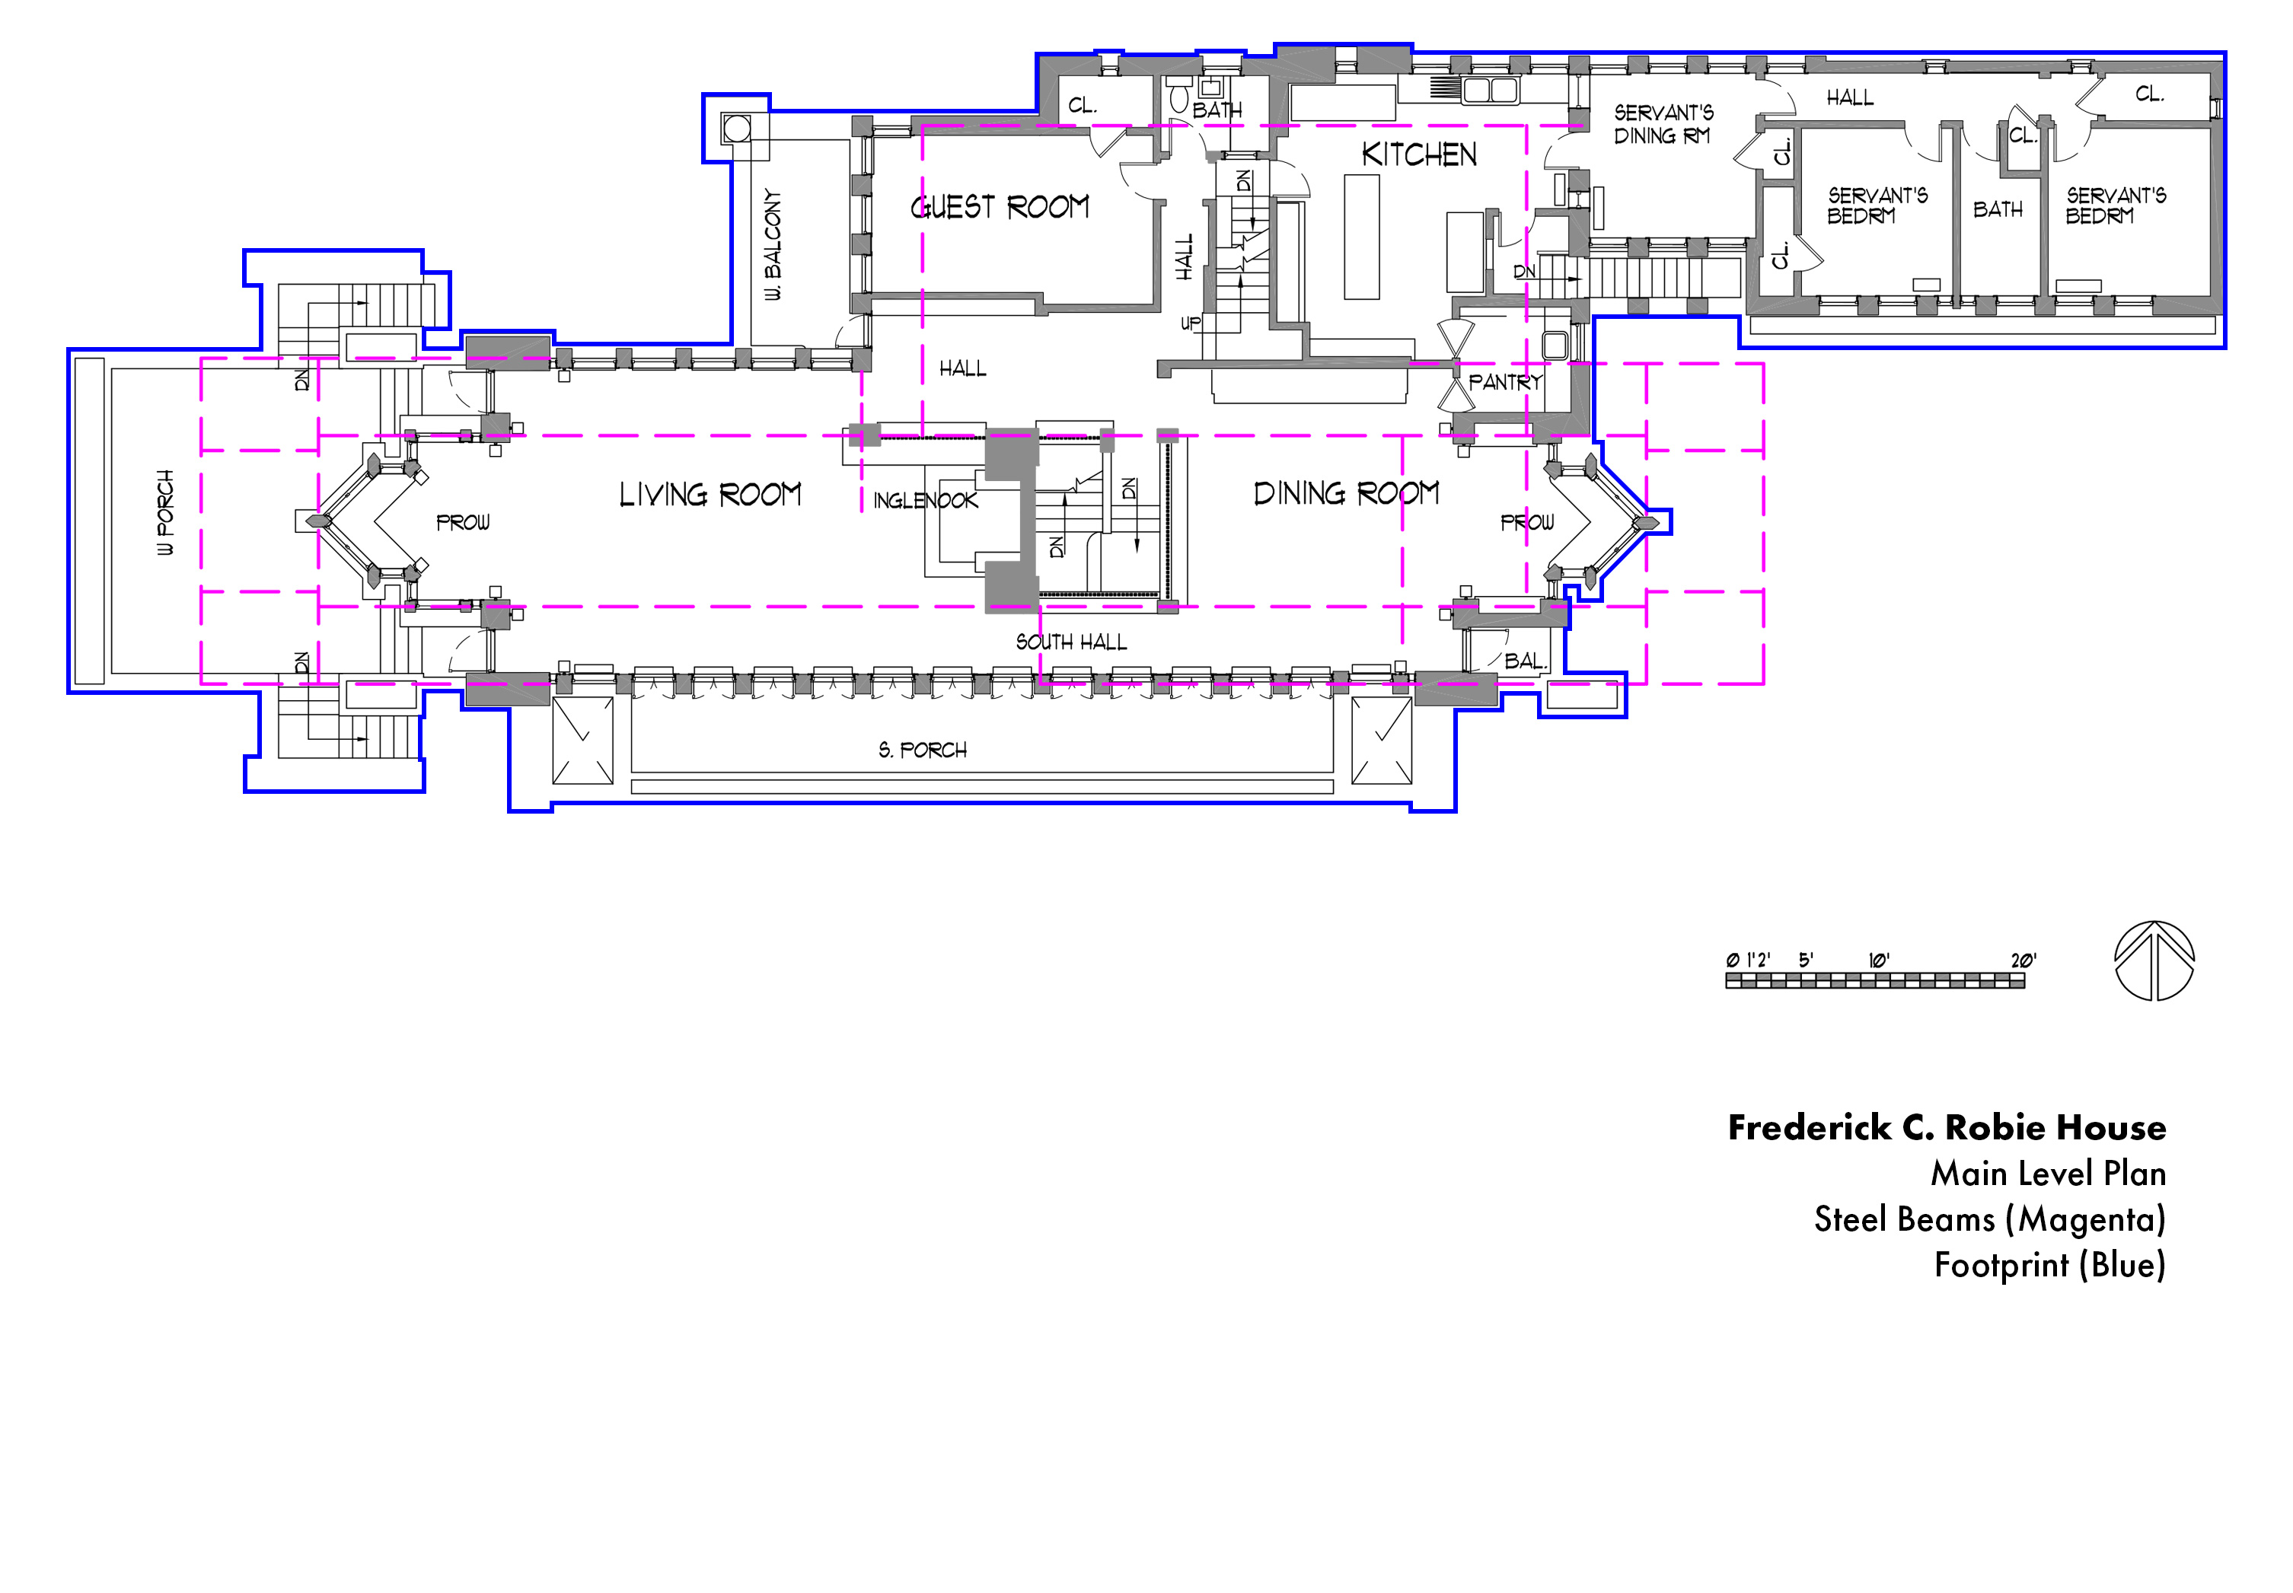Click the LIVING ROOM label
click(x=710, y=494)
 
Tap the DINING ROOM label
click(x=1346, y=493)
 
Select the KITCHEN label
click(x=1418, y=155)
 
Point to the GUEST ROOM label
click(x=1000, y=206)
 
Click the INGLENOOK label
click(x=926, y=501)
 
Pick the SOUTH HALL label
click(x=1071, y=642)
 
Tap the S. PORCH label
click(x=923, y=750)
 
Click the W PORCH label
click(x=164, y=512)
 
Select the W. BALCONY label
click(x=773, y=244)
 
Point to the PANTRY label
click(x=1505, y=381)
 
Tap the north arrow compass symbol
click(x=2154, y=961)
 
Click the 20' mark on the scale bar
click(x=2023, y=961)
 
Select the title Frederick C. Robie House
click(x=1947, y=1127)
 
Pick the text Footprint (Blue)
click(x=2049, y=1266)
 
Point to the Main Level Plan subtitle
click(x=2049, y=1173)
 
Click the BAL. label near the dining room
click(x=1524, y=661)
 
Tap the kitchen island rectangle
click(x=1362, y=237)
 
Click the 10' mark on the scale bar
click(x=1879, y=961)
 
